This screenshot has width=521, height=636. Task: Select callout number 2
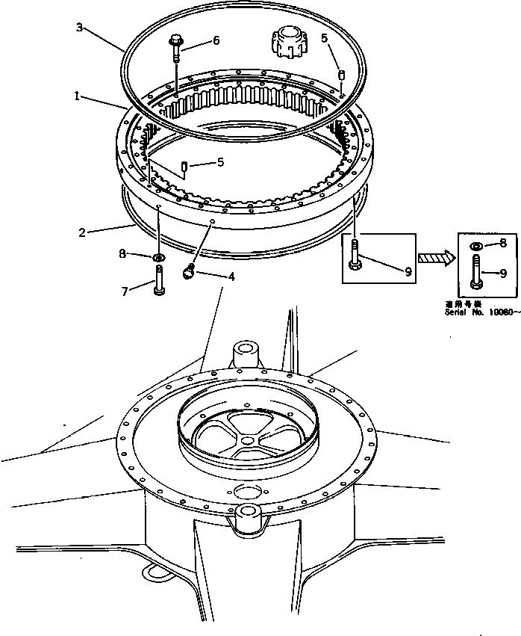pos(81,232)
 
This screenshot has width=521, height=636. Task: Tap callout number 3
pos(79,28)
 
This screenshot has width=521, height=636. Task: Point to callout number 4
pos(231,277)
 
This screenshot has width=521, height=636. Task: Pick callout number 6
pos(216,41)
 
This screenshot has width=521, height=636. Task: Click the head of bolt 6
pos(175,41)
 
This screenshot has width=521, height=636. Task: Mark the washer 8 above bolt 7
pos(158,259)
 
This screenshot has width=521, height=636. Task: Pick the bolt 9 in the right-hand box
pos(475,272)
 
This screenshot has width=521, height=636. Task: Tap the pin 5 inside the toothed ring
pos(183,165)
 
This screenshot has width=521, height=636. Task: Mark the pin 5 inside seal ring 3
pos(340,75)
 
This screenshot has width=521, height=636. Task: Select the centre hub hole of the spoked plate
pos(246,439)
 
